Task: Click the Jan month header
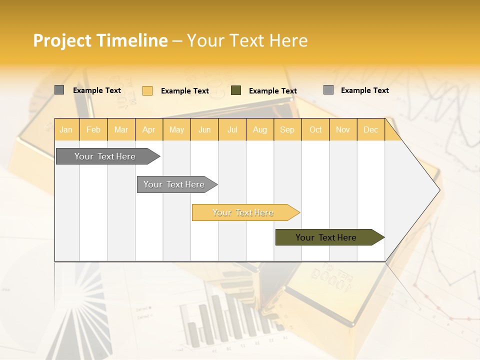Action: pyautogui.click(x=66, y=129)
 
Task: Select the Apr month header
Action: pyautogui.click(x=148, y=129)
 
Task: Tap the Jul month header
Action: pyautogui.click(x=232, y=129)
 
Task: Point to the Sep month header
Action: pyautogui.click(x=287, y=129)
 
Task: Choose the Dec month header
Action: pyautogui.click(x=370, y=129)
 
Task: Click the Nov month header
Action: pyautogui.click(x=342, y=129)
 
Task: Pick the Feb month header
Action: pyautogui.click(x=93, y=129)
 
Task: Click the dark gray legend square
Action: pyautogui.click(x=59, y=90)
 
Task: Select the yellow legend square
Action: pyautogui.click(x=147, y=90)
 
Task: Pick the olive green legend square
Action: pyautogui.click(x=236, y=90)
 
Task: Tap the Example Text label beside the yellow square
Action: pyautogui.click(x=184, y=91)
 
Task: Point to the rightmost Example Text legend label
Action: pyautogui.click(x=364, y=90)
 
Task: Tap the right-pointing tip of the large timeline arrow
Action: pyautogui.click(x=438, y=190)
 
